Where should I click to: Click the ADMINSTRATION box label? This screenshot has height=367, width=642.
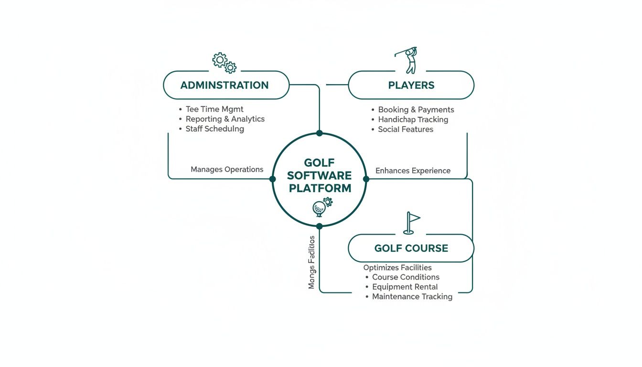tap(225, 86)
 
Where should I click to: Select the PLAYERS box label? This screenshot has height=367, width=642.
tap(411, 86)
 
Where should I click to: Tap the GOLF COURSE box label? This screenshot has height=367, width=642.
tap(411, 248)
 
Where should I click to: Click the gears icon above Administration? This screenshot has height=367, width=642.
tap(225, 63)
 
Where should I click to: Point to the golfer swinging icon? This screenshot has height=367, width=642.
tap(407, 60)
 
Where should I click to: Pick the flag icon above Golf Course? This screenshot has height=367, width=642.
tap(411, 223)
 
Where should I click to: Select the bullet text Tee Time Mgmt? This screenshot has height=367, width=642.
tap(214, 109)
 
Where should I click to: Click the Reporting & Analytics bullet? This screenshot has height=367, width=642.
tap(225, 119)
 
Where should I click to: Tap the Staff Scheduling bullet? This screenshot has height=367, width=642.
tap(214, 129)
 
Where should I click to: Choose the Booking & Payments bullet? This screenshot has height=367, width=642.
tap(416, 110)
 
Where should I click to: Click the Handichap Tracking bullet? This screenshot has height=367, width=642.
tap(413, 119)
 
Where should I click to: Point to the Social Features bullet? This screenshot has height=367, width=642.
tap(406, 130)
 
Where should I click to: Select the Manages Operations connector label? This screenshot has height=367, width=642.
tap(227, 169)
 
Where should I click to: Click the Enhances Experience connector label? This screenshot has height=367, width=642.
tap(413, 171)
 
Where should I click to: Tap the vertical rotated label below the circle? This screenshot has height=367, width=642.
tap(312, 262)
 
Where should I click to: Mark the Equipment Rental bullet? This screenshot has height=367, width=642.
tap(405, 287)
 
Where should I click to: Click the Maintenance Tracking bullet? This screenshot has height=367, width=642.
tap(412, 297)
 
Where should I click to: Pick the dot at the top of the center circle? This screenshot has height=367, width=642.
tap(319, 133)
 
